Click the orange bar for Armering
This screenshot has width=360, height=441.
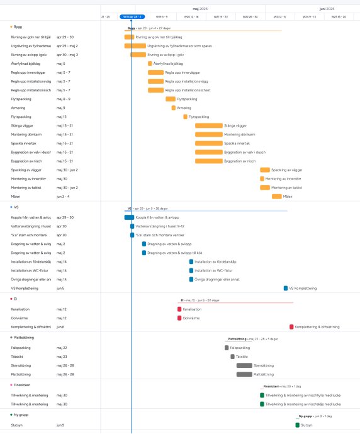174,108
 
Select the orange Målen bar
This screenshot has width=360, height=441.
277,196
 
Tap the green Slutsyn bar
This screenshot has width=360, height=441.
298,425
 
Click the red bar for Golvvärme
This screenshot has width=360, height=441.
179,318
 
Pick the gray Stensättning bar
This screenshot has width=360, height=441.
244,365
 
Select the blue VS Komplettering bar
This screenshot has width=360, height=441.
286,288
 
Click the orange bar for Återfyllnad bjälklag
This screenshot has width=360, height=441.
150,64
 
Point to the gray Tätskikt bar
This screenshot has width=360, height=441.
232,357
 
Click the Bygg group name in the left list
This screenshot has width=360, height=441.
18,27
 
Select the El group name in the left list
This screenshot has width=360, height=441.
16,299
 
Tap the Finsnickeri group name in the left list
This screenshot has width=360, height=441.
22,384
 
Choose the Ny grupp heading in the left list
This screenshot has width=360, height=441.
21,415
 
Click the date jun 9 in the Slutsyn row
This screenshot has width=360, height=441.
60,425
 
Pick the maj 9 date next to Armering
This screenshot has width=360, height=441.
60,108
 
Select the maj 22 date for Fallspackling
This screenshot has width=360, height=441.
62,348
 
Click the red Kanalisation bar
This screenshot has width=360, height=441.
179,309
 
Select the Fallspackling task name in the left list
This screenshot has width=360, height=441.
21,348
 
